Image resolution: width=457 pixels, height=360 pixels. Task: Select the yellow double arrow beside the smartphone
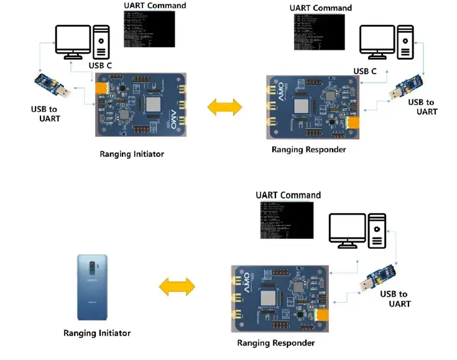[177, 287]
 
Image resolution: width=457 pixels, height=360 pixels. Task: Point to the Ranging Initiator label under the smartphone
[97, 333]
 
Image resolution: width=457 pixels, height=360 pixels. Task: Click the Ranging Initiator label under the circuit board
[132, 154]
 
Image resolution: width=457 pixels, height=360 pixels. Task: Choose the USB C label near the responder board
[365, 71]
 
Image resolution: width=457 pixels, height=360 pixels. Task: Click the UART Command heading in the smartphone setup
[288, 195]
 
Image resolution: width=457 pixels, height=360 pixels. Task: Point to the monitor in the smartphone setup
[348, 231]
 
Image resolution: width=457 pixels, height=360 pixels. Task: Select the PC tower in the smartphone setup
[377, 231]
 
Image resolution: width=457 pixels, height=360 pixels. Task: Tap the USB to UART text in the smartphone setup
[395, 298]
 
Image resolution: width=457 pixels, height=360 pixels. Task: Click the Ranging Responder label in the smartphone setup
[275, 343]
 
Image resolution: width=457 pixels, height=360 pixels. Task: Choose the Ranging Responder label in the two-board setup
[308, 149]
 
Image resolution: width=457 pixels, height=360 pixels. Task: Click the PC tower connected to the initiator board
[101, 41]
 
